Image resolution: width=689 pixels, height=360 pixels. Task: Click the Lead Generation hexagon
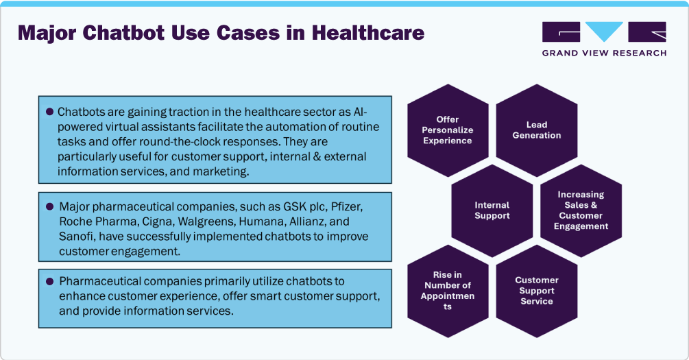(x=536, y=130)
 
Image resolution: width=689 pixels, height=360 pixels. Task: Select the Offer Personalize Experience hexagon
(x=448, y=130)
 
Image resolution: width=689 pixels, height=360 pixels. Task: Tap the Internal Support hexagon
(x=492, y=211)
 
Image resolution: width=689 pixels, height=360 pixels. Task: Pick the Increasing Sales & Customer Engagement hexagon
(x=581, y=211)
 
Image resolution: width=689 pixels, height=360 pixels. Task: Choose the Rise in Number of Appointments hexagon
(x=448, y=291)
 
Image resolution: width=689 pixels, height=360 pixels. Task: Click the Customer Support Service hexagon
(x=536, y=291)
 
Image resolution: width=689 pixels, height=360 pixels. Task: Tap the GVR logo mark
(x=603, y=32)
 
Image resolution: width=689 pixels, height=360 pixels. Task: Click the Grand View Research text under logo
(x=603, y=53)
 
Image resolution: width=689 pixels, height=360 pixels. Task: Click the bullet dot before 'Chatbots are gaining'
(x=49, y=112)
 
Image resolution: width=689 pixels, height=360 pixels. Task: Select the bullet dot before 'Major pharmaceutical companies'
(x=49, y=206)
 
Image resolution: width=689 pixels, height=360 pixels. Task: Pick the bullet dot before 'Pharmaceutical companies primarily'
(x=49, y=281)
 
